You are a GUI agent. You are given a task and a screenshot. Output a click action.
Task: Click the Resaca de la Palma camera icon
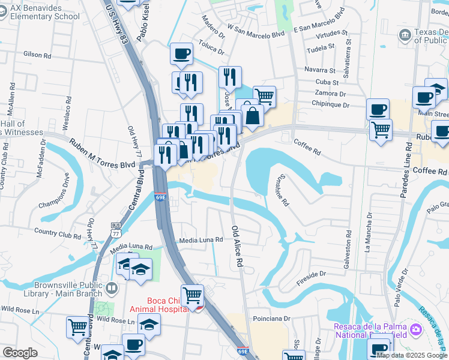point(415,329)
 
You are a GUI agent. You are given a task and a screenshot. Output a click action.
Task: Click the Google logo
point(20,353)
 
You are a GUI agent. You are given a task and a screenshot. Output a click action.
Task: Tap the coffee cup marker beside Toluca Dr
point(181,55)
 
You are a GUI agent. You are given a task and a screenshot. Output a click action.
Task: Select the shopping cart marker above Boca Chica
point(192,295)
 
